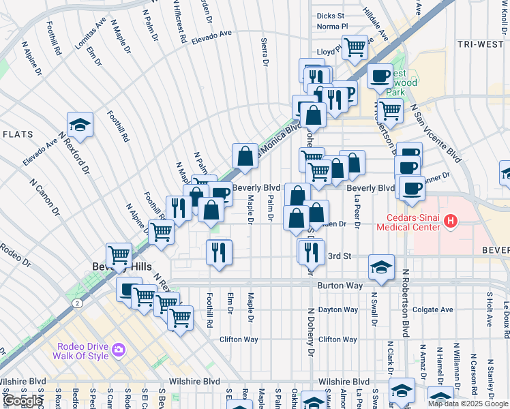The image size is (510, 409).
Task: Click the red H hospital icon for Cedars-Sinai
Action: pos(449,221)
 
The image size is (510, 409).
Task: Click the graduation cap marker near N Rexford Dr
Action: pos(80,125)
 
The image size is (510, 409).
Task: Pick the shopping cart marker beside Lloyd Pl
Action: pos(355,48)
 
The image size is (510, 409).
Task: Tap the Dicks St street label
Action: pos(331,15)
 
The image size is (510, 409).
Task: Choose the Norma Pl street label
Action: pos(332,27)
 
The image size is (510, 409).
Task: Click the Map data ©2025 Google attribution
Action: pos(468,404)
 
